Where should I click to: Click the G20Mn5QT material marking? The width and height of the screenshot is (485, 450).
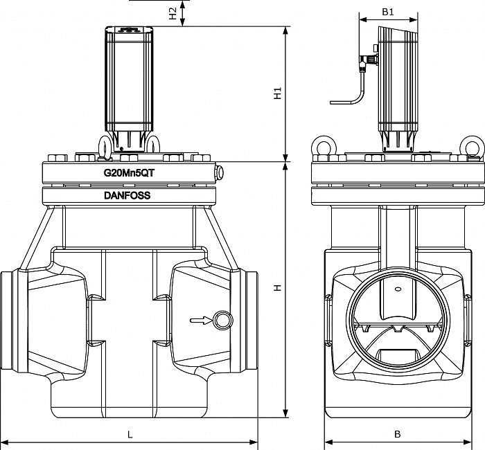pos(129,173)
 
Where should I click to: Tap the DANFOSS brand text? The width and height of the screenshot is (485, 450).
pos(127,195)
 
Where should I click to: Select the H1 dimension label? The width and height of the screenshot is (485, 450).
pos(277,93)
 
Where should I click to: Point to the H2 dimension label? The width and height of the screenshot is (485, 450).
pos(173,14)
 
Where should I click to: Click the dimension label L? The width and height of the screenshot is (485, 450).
pos(130,435)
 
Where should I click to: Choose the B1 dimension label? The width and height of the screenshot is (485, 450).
pos(388,12)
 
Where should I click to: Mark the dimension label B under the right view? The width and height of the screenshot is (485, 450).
pos(398,434)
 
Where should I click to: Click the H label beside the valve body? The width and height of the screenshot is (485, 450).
pos(277,288)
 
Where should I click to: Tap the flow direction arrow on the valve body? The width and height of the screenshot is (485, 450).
pos(201,320)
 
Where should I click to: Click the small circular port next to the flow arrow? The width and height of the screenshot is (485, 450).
pos(222,320)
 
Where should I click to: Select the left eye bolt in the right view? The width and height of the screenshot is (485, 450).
pos(323,147)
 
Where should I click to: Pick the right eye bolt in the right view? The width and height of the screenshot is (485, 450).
pos(471,147)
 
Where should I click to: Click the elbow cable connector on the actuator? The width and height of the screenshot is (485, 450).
pos(368,60)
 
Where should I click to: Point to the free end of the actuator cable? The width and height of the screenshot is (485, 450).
pos(331,102)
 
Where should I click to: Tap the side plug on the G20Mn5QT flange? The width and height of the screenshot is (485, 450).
pos(220,172)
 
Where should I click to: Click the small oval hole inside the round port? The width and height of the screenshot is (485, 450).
pos(398,289)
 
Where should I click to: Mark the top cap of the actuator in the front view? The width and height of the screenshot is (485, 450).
pos(129,29)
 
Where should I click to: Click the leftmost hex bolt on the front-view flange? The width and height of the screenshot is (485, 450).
pos(58,158)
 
